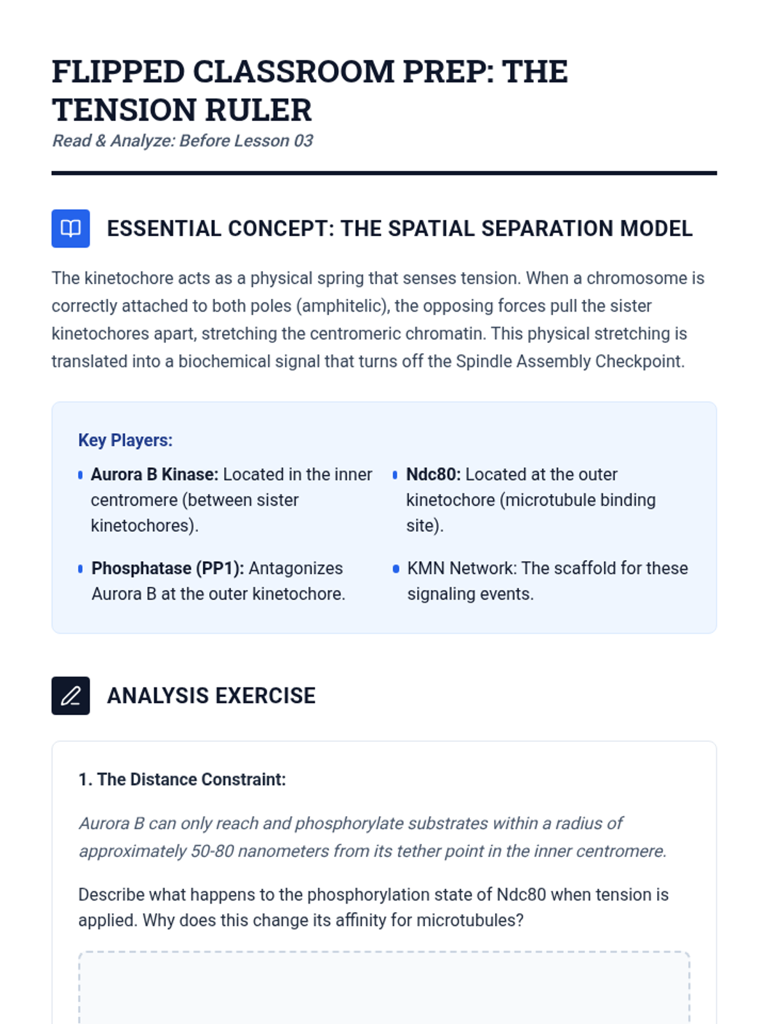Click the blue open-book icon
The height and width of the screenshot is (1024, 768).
pyautogui.click(x=70, y=228)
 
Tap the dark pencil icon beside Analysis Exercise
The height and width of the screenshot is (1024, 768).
pyautogui.click(x=70, y=696)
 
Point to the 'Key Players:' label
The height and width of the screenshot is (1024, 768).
pyautogui.click(x=125, y=440)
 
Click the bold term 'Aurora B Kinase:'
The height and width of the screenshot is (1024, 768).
pyautogui.click(x=154, y=474)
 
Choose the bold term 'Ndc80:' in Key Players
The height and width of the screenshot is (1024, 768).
pyautogui.click(x=433, y=474)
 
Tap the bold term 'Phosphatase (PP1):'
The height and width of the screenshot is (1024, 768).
pyautogui.click(x=168, y=568)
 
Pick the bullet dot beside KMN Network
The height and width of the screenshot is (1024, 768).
pyautogui.click(x=396, y=568)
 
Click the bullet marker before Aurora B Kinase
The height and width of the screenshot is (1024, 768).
pyautogui.click(x=80, y=475)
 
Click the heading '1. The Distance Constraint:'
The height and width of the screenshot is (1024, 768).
pyautogui.click(x=182, y=780)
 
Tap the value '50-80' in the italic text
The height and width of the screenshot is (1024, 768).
pyautogui.click(x=212, y=851)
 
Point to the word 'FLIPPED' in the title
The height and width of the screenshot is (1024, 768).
pyautogui.click(x=118, y=72)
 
